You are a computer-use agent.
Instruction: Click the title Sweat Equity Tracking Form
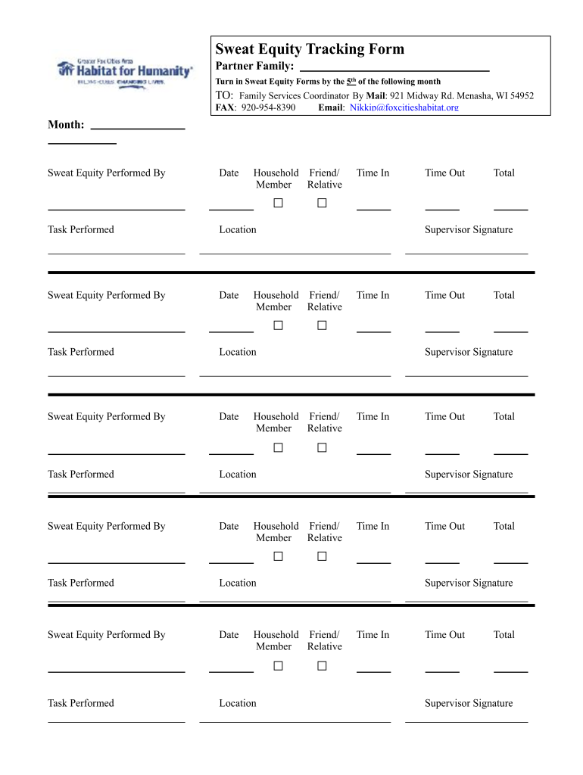coord(310,49)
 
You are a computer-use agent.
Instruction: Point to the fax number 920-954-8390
coord(268,107)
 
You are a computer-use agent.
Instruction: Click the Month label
coord(66,124)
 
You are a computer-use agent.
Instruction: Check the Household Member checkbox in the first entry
coord(278,203)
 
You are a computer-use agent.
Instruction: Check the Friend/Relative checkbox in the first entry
coord(322,203)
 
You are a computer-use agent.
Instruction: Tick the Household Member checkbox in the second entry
coord(278,325)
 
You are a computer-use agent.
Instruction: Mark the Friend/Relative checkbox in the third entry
coord(322,447)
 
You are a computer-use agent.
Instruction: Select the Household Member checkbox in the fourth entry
coord(278,556)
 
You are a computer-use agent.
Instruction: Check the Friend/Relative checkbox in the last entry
coord(322,666)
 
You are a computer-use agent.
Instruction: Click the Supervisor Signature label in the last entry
coord(468,703)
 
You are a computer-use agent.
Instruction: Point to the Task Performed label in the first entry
coord(81,229)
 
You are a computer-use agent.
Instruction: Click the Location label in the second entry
coord(238,352)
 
